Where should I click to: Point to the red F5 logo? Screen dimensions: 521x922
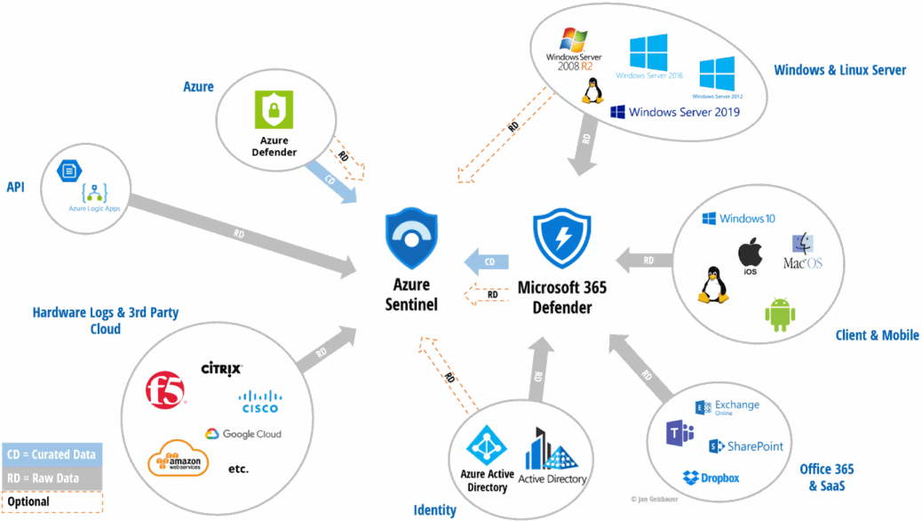tap(165, 388)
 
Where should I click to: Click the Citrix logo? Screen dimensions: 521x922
tap(222, 367)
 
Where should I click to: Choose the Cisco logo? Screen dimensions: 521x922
tap(258, 401)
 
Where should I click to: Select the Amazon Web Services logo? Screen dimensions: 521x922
tap(179, 459)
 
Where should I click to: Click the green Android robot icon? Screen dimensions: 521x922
tap(778, 316)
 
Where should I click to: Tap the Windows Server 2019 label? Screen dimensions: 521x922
tap(675, 113)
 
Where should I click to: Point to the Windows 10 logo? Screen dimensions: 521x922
tap(738, 219)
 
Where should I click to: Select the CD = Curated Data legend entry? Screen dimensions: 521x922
tap(52, 454)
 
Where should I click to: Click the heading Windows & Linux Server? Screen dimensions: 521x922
tap(839, 70)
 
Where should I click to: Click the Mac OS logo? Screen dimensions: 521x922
tap(802, 253)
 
